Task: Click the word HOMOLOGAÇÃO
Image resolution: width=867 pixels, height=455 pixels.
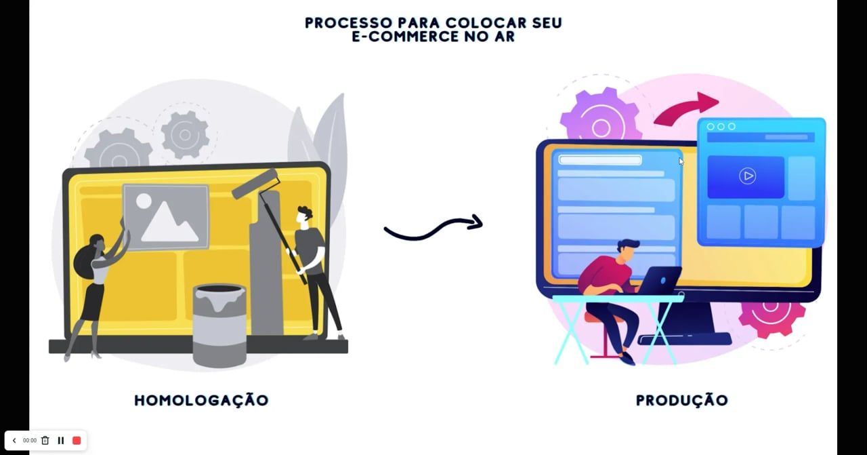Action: pyautogui.click(x=201, y=400)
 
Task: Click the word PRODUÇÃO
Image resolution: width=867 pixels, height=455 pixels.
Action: pyautogui.click(x=681, y=400)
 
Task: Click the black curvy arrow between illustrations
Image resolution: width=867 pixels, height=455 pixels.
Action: pyautogui.click(x=433, y=227)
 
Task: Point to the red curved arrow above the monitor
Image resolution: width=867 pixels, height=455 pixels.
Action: pyautogui.click(x=688, y=108)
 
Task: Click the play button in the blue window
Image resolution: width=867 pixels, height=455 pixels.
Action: pyautogui.click(x=746, y=176)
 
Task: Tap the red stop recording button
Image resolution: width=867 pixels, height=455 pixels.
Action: pyautogui.click(x=77, y=440)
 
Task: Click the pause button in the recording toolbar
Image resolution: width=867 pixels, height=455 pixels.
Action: pyautogui.click(x=61, y=440)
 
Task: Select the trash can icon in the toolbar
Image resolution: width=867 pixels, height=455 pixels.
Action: pyautogui.click(x=45, y=440)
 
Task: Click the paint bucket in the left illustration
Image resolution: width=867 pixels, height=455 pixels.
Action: pyautogui.click(x=219, y=324)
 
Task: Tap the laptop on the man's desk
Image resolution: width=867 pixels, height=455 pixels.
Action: pyautogui.click(x=660, y=279)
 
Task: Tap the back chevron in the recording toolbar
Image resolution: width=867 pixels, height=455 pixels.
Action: pyautogui.click(x=14, y=440)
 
